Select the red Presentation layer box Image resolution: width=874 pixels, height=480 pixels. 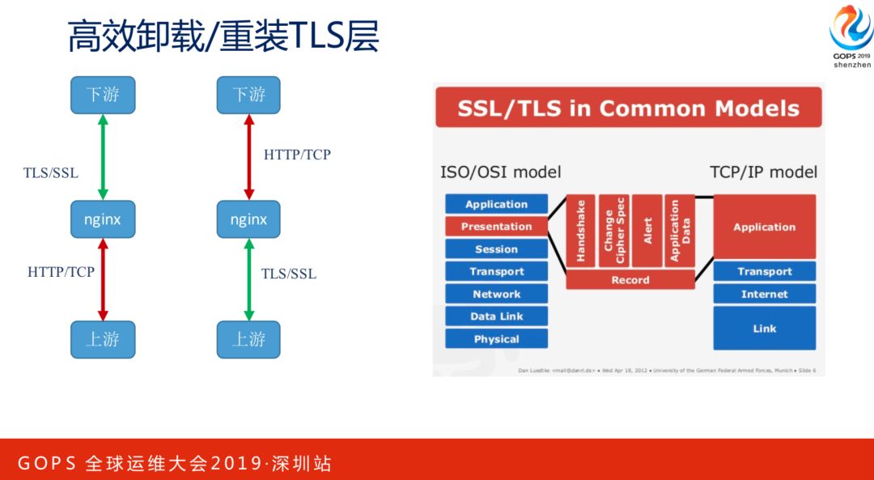496,227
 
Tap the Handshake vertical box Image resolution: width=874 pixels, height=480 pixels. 581,231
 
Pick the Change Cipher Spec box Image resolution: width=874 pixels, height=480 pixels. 614,231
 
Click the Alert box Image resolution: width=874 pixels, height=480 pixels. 647,231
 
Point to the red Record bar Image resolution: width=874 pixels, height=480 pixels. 630,280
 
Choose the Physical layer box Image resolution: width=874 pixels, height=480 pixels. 496,339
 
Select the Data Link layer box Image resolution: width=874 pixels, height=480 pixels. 496,316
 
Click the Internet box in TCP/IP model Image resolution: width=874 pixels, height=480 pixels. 764,294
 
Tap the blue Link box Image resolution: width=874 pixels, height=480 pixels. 764,328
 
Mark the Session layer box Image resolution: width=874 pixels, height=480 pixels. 496,249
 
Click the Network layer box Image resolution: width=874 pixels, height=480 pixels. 496,294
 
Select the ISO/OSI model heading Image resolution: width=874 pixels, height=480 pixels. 500,172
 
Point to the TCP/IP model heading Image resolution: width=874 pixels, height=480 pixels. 763,172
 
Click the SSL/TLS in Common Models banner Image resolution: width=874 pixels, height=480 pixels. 628,108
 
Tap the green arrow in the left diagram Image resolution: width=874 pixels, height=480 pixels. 103,156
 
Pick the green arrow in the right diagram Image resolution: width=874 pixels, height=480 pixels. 249,279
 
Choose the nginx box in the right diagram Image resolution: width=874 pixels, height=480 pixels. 248,219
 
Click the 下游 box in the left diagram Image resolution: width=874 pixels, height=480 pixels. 103,95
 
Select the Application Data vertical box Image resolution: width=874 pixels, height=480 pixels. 681,231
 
